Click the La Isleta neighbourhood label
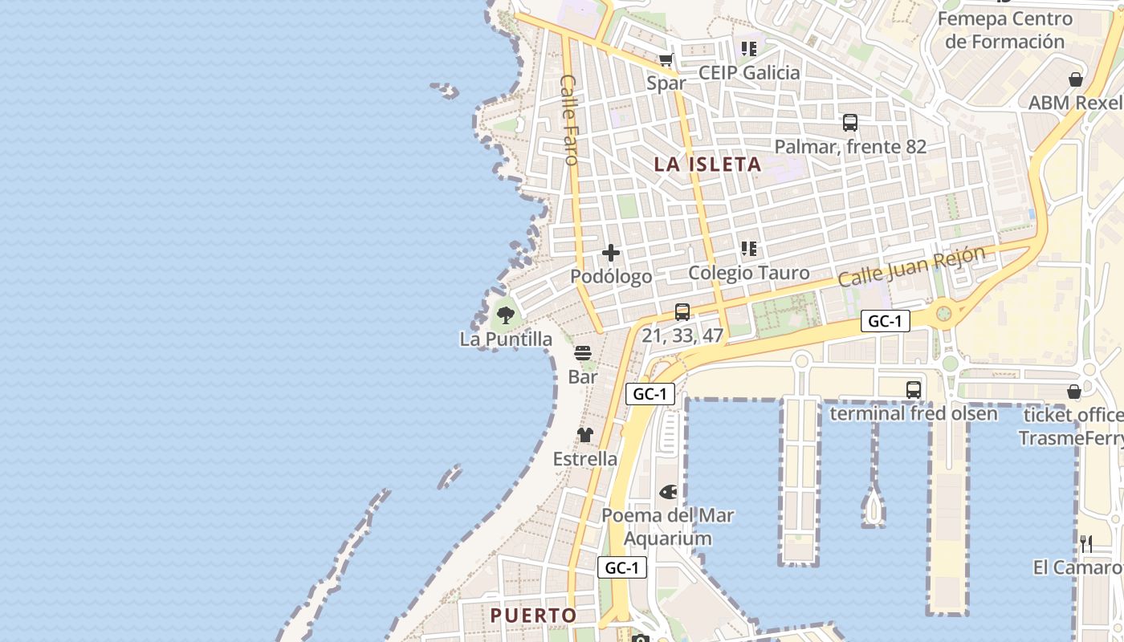point(707,165)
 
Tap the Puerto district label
point(533,616)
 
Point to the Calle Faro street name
point(569,120)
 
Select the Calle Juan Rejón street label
point(911,268)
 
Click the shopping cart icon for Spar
point(666,59)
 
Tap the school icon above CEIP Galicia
point(749,49)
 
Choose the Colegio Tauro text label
point(749,273)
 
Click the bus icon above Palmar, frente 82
point(850,123)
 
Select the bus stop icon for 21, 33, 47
point(682,311)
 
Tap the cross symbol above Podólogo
point(611,254)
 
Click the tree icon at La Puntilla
point(506,315)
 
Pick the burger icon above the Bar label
point(583,353)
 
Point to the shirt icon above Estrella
point(585,435)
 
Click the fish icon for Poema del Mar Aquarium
point(668,491)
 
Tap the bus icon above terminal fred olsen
point(914,390)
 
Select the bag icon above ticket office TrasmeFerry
point(1074,392)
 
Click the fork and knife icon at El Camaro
point(1086,544)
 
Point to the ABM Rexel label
point(1075,104)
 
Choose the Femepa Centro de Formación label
point(1004,30)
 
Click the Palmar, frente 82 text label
point(850,147)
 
